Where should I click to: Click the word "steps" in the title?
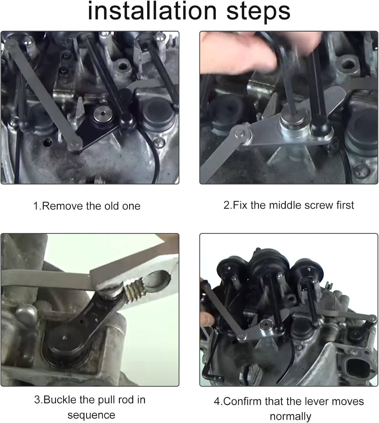pos(258,12)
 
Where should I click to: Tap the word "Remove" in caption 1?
pos(63,206)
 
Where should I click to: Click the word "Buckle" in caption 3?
pos(60,400)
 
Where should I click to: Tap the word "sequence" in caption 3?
pos(91,415)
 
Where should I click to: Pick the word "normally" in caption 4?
pos(290,417)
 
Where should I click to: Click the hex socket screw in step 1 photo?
pos(103,114)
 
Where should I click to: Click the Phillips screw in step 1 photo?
pos(159,142)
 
